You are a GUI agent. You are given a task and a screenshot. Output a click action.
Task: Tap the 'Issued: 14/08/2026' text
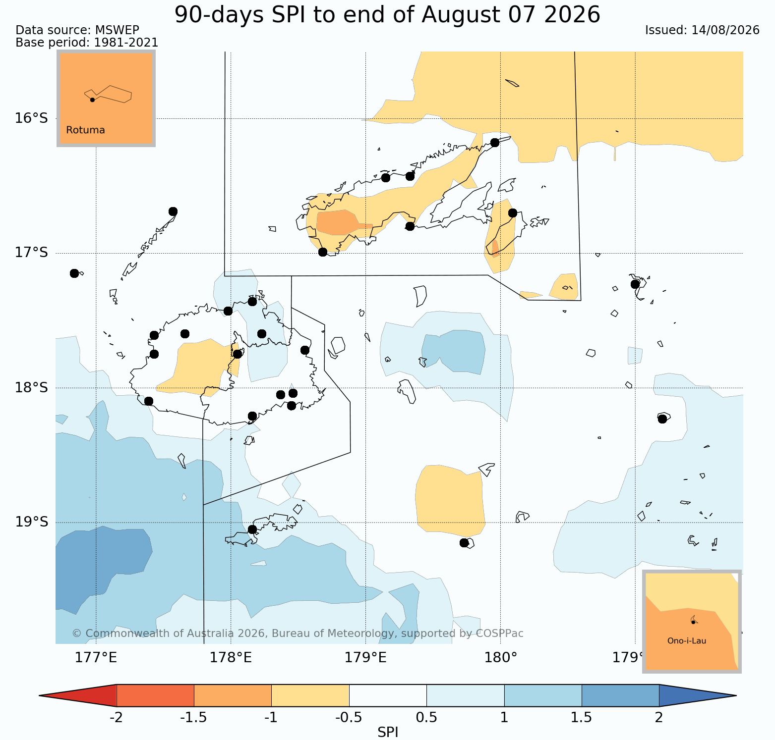(702, 30)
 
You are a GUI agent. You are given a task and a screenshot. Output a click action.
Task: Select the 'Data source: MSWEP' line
(77, 30)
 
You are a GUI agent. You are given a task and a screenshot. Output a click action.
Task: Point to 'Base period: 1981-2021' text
(87, 43)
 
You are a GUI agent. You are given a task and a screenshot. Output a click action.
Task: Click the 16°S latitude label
(31, 118)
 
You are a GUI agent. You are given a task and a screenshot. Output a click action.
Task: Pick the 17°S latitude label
(31, 253)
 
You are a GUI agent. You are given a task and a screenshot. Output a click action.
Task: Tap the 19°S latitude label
(31, 522)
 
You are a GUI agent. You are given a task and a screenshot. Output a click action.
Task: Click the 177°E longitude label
(96, 658)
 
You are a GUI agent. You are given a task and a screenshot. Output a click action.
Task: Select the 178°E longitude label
(231, 658)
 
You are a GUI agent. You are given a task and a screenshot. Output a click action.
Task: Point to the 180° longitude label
(501, 658)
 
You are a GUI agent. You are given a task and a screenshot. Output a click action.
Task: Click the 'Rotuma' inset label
(85, 130)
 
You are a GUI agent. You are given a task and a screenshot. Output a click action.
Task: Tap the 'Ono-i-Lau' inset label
(687, 641)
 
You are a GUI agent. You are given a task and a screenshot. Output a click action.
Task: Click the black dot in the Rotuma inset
(92, 100)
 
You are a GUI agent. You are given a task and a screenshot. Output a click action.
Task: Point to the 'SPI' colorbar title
(388, 733)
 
